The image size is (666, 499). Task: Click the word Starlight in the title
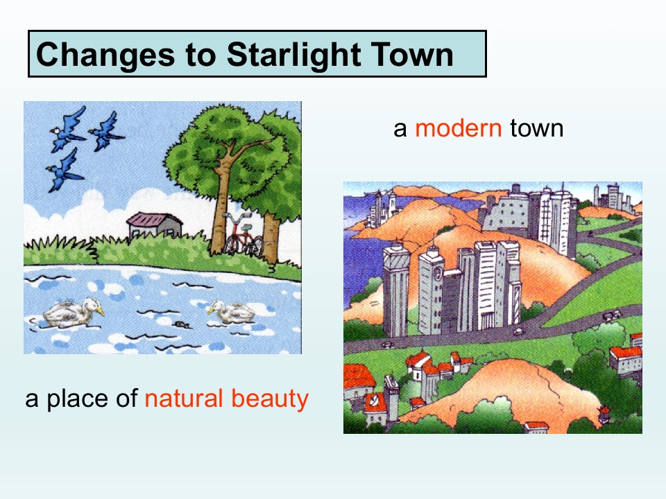(x=294, y=55)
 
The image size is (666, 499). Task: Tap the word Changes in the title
(x=105, y=55)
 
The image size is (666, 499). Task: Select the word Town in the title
(x=412, y=54)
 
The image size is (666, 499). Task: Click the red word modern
(x=459, y=128)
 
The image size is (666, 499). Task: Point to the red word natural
(x=183, y=399)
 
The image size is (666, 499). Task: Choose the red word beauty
(x=270, y=399)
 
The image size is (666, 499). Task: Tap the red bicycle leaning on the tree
(x=244, y=236)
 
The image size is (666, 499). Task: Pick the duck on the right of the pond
(x=232, y=312)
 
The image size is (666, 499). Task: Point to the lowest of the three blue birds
(x=65, y=170)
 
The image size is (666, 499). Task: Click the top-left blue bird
(x=69, y=129)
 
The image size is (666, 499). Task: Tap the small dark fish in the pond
(x=181, y=324)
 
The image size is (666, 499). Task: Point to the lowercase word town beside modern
(x=536, y=128)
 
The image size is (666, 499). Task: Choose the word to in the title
(x=200, y=55)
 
